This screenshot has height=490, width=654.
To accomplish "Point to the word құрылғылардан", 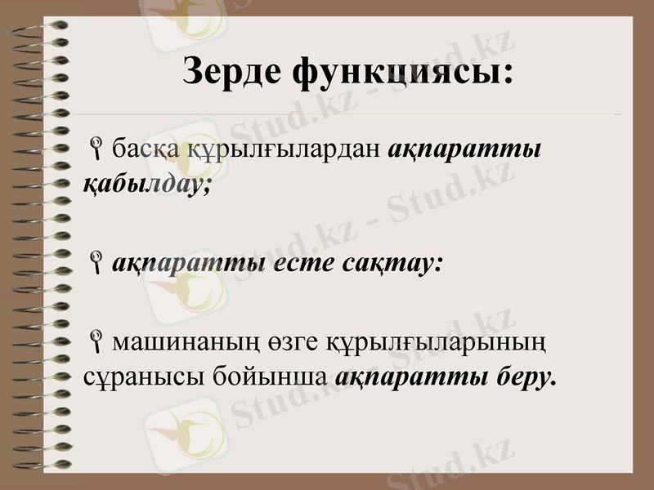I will click(x=275, y=151).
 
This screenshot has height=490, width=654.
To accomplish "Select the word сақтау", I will click(x=400, y=263).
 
